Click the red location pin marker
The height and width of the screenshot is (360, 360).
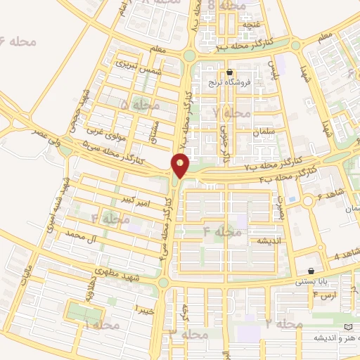click(181, 165)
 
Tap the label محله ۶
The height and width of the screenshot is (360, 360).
click(20, 41)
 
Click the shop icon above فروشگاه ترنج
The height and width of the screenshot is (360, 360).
click(229, 72)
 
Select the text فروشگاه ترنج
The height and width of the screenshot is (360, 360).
click(222, 83)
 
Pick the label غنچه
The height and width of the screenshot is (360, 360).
click(250, 25)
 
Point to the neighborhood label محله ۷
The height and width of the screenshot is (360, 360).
click(232, 112)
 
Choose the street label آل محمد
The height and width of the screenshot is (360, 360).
click(79, 234)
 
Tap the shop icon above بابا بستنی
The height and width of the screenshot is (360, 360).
click(311, 271)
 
